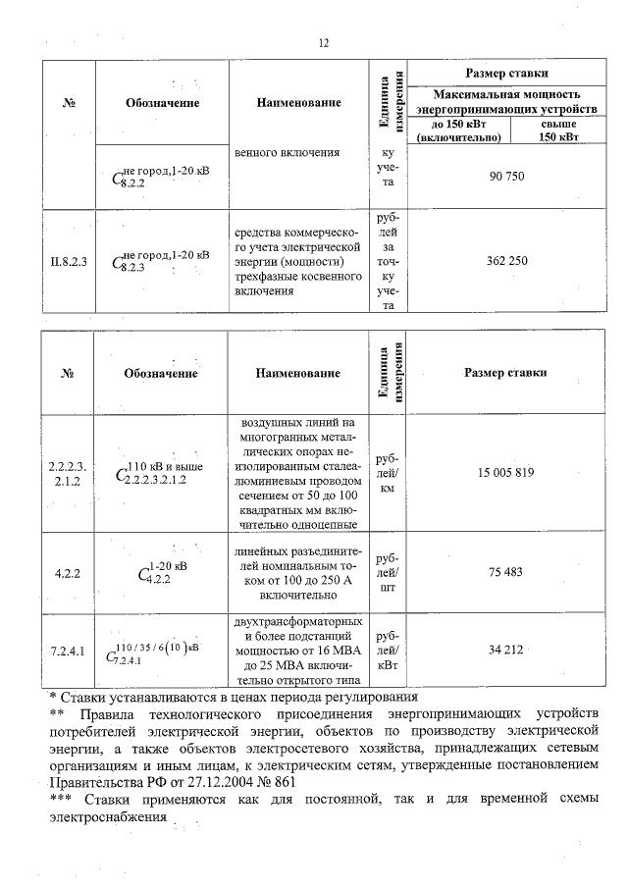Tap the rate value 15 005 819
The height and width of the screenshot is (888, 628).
(x=505, y=473)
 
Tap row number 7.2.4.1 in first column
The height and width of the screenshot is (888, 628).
(x=69, y=650)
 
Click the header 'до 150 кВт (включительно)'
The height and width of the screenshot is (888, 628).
(x=458, y=131)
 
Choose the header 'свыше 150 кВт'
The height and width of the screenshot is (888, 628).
(x=559, y=131)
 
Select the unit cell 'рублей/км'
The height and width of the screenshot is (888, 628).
(x=387, y=473)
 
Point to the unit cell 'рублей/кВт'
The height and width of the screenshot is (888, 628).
(x=387, y=650)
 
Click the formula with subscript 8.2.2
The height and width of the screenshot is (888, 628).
(x=162, y=177)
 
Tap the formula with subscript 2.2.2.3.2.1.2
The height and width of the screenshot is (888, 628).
(x=162, y=472)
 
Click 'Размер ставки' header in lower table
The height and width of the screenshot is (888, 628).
(x=505, y=373)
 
